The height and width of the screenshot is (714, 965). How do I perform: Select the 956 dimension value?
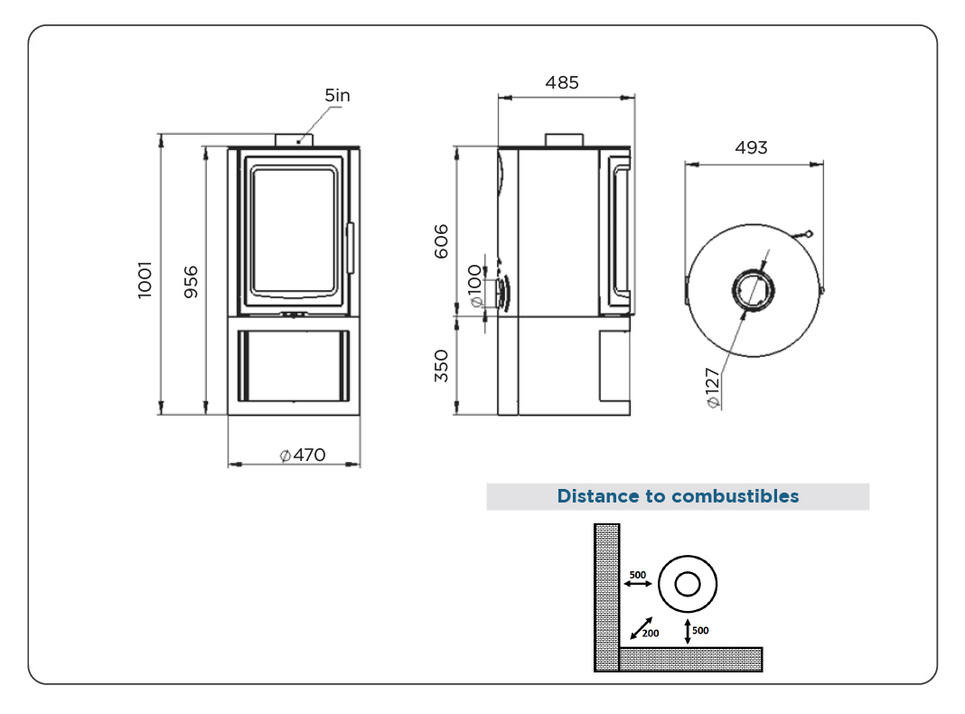pyautogui.click(x=191, y=282)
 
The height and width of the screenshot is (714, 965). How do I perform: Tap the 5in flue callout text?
pyautogui.click(x=337, y=96)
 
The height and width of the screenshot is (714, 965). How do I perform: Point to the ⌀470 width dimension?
pyautogui.click(x=302, y=455)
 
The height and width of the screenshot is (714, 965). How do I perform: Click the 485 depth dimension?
pyautogui.click(x=562, y=82)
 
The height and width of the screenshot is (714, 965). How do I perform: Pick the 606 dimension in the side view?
pyautogui.click(x=441, y=241)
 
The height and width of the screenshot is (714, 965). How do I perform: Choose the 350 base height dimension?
pyautogui.click(x=441, y=366)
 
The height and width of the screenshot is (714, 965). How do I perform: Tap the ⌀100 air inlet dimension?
pyautogui.click(x=474, y=286)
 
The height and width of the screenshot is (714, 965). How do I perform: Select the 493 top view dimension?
pyautogui.click(x=752, y=147)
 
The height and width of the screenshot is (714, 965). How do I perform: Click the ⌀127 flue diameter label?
pyautogui.click(x=712, y=388)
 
